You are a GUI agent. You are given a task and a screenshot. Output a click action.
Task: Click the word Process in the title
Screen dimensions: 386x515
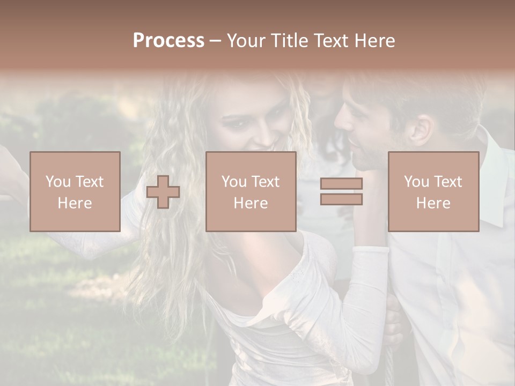168,41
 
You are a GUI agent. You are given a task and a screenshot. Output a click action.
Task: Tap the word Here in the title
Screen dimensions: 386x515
375,41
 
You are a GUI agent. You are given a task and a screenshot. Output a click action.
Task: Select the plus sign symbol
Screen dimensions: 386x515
163,192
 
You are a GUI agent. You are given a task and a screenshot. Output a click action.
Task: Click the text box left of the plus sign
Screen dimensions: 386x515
75,192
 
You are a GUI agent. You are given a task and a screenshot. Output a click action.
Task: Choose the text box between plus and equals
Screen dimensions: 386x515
251,192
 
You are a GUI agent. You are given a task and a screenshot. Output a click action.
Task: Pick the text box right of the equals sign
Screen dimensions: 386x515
433,192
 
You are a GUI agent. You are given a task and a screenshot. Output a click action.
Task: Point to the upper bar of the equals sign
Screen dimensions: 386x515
341,184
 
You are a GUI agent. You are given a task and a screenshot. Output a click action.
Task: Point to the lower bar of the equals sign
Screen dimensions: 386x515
341,199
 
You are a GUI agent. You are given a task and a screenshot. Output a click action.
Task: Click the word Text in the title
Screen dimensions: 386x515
330,41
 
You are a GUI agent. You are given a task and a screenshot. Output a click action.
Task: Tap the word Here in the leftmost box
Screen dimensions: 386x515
75,203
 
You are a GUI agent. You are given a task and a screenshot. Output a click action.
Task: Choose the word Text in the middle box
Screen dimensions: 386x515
265,182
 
